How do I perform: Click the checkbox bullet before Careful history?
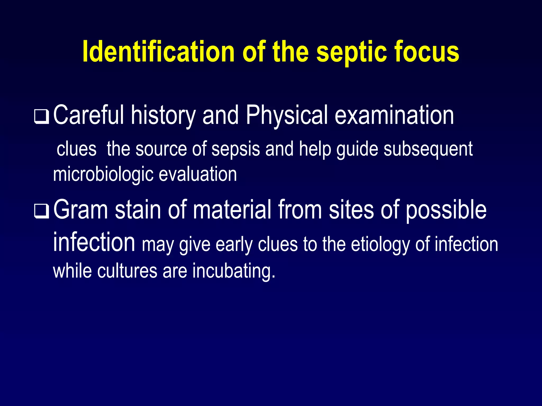coord(42,117)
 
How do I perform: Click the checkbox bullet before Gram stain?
coord(42,212)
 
